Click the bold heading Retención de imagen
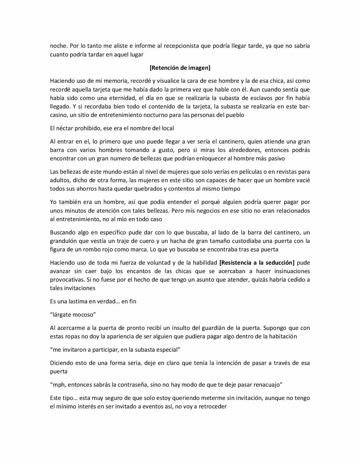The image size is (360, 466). click(x=180, y=68)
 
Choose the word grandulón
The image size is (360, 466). click(x=65, y=241)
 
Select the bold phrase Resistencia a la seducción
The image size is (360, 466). click(x=257, y=263)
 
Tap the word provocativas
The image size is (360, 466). click(x=66, y=280)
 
